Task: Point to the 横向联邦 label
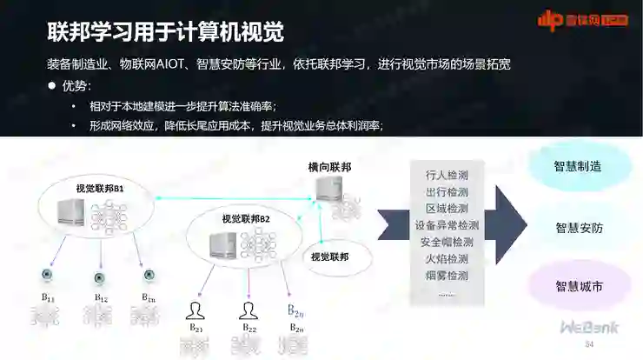point(329,166)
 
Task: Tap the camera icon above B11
point(49,277)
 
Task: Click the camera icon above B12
point(100,277)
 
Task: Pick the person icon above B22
point(249,310)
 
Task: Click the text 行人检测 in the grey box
point(447,175)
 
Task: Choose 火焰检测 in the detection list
point(447,258)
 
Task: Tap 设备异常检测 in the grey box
point(447,225)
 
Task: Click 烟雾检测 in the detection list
point(447,275)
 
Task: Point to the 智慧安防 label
point(579,228)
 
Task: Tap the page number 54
point(588,345)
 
